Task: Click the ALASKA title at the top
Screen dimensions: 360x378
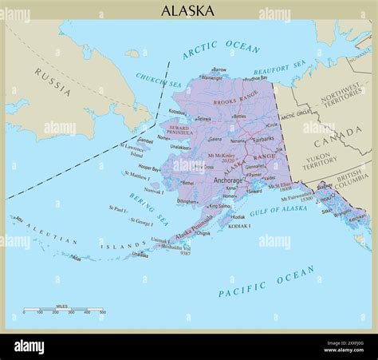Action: pos(187,10)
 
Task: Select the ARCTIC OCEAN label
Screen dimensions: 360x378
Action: pos(222,50)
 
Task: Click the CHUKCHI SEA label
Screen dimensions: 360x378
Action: pos(159,81)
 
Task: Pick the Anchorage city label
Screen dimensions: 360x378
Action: pos(229,180)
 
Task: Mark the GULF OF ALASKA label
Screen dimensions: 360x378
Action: pos(278,210)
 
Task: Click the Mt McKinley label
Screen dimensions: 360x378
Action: pos(222,156)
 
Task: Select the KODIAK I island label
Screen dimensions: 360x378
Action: pos(240,226)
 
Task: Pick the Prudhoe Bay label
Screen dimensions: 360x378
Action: pos(255,78)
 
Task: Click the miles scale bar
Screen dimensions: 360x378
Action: pos(64,309)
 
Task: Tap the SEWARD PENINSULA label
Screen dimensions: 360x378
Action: pos(178,130)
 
